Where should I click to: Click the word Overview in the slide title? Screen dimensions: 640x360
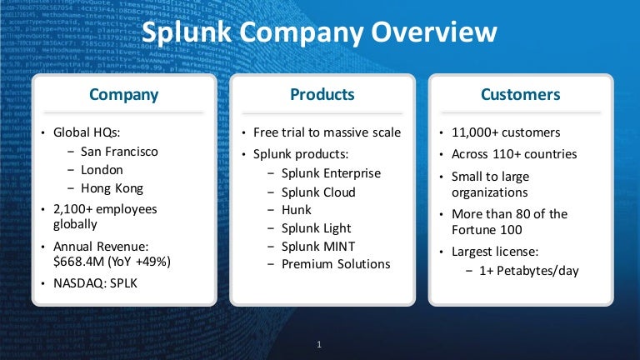pos(434,32)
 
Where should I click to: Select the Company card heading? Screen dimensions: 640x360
pos(123,95)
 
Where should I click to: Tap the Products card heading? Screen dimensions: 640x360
pos(322,94)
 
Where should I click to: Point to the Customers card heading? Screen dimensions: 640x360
pos(520,94)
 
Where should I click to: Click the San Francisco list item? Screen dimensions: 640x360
pos(119,152)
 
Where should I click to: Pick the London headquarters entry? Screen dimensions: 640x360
pos(102,170)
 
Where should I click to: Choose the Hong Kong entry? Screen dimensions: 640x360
pos(112,188)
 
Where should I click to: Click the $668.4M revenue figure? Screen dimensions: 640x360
pos(79,261)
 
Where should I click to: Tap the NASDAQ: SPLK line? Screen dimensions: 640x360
pos(95,283)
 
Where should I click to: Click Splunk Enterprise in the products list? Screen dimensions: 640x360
pos(331,173)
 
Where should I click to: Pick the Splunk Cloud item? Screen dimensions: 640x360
pos(318,192)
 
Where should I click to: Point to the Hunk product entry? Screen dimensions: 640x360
pos(297,210)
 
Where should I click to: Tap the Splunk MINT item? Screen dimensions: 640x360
pos(318,246)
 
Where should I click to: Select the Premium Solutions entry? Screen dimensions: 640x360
pos(336,264)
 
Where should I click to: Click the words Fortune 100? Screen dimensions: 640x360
pos(487,230)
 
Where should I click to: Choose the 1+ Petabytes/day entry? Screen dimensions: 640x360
pos(529,271)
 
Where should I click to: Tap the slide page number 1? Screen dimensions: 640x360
pos(319,344)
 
